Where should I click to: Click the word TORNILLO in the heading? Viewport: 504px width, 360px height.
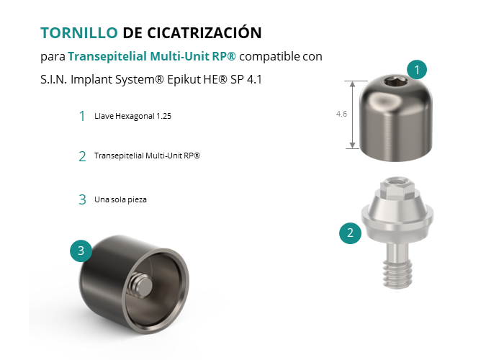79,33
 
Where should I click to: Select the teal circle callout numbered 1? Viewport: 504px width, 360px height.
417,69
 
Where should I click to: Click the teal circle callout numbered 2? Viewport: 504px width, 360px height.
350,233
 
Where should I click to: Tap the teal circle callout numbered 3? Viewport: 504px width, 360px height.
81,251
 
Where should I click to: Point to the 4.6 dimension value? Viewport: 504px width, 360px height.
341,114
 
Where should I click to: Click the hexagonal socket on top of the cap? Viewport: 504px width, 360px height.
396,83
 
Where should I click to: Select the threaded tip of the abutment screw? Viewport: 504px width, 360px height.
397,273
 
